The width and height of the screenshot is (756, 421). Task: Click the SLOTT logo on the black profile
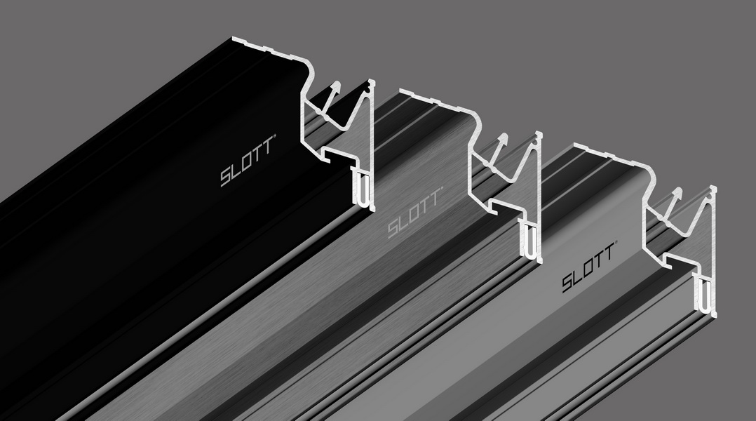248,166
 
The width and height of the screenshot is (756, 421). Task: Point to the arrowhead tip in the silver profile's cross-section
678,192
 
